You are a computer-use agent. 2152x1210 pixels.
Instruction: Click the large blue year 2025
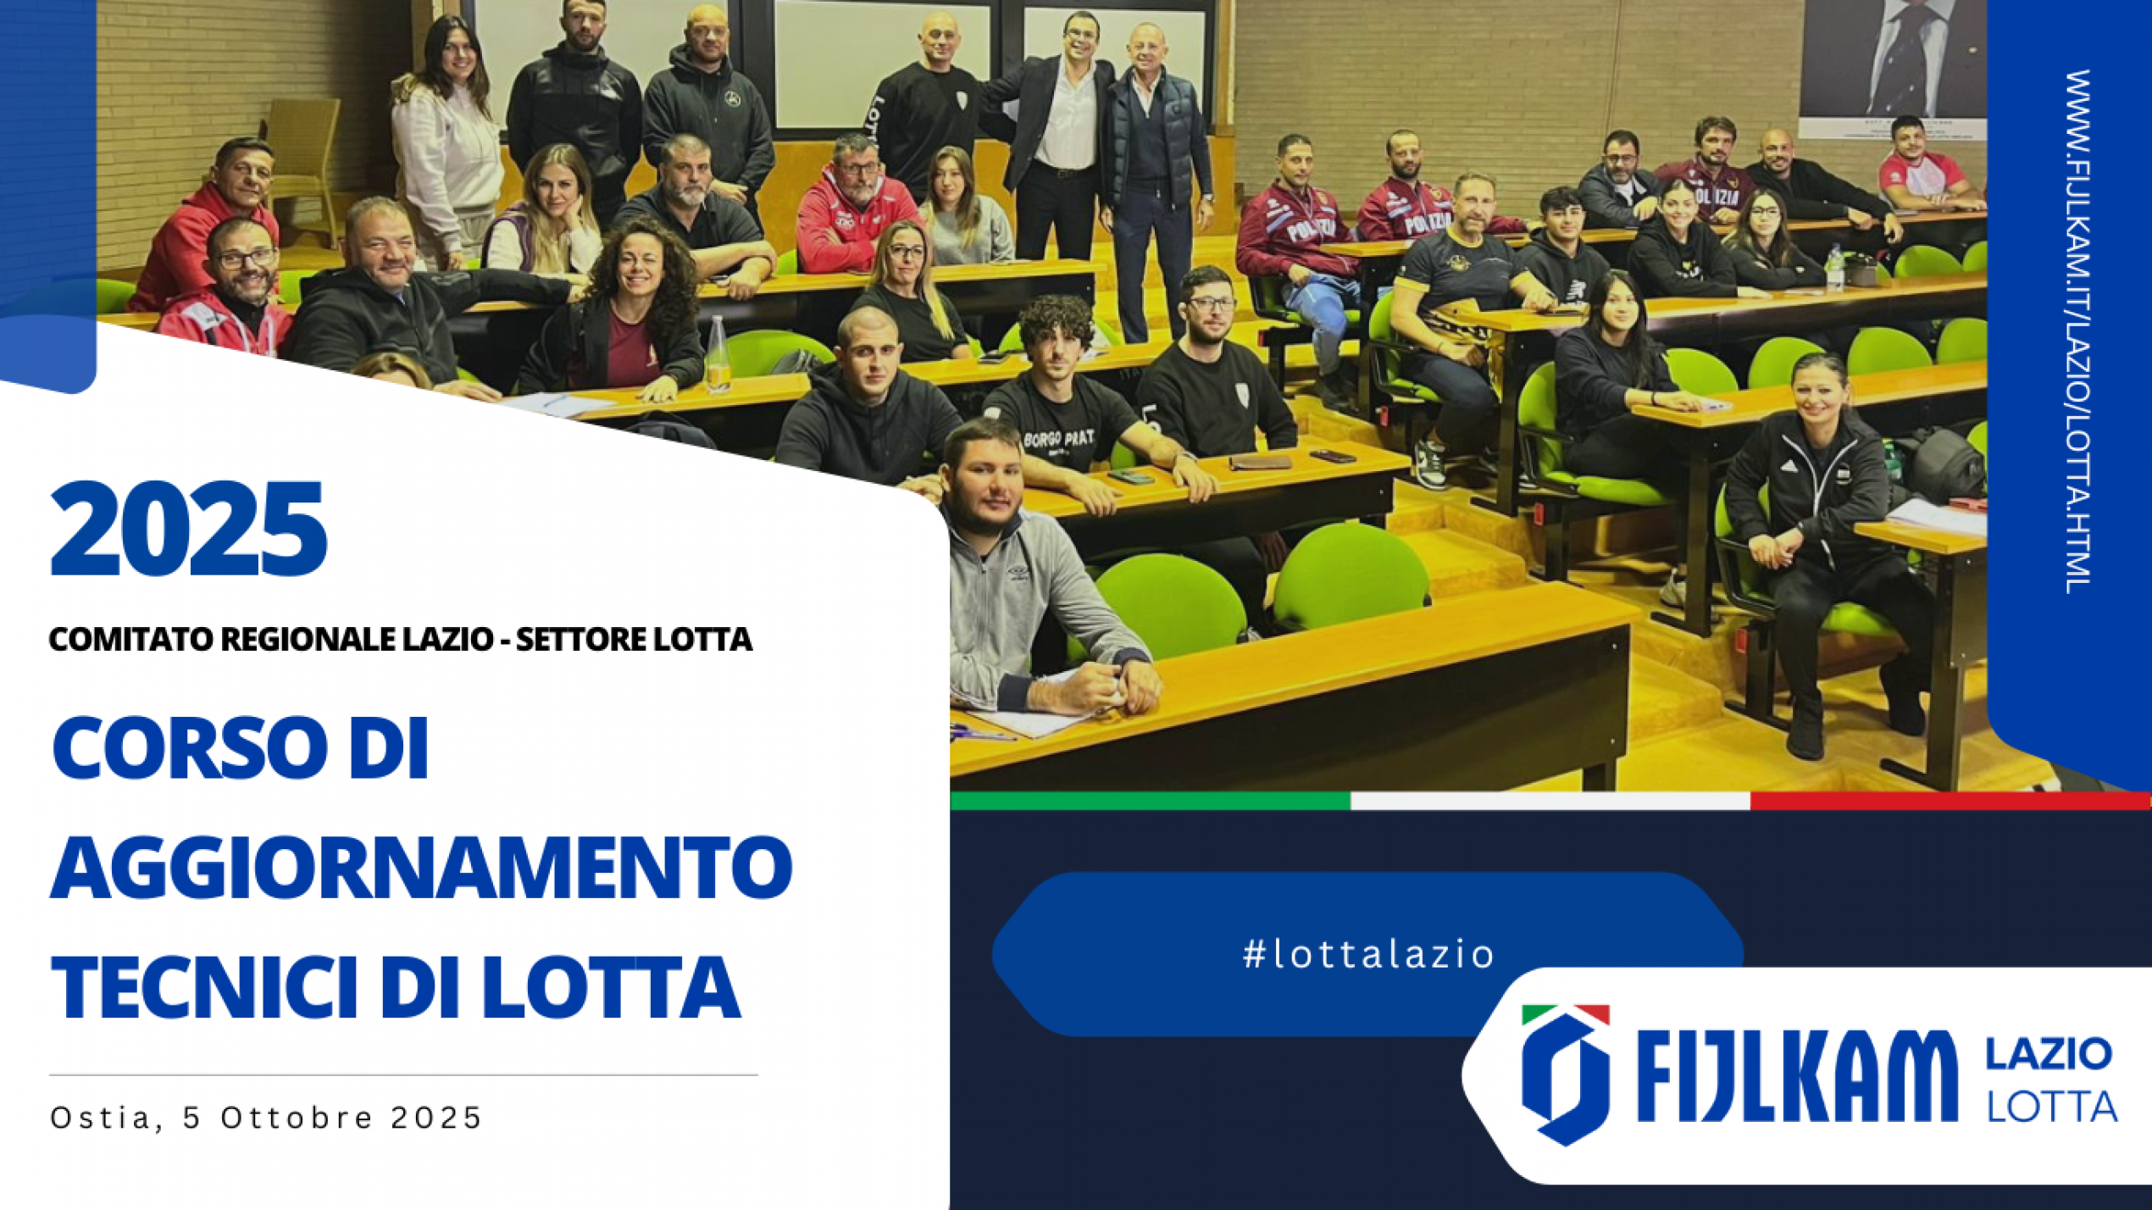click(188, 528)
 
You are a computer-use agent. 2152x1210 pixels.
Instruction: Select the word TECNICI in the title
click(207, 987)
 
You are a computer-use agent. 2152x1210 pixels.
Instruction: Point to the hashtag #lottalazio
click(1368, 954)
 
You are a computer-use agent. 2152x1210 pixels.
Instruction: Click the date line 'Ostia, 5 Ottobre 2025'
click(266, 1118)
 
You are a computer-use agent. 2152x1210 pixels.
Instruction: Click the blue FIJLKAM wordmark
click(1797, 1076)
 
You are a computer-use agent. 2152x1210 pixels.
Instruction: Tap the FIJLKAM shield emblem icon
click(1565, 1074)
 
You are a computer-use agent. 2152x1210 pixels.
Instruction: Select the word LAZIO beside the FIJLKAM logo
click(2049, 1055)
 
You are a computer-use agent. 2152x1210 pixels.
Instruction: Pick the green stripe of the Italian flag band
click(1150, 801)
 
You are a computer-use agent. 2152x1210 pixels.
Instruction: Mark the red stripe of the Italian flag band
click(1950, 801)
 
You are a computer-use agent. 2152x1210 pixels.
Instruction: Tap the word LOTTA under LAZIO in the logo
click(2052, 1107)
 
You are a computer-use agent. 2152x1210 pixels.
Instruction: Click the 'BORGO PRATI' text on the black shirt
click(1059, 438)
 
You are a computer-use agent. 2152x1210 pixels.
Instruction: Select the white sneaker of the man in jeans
click(1430, 465)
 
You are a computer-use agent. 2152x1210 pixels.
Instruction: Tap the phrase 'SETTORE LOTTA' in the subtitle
click(634, 639)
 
